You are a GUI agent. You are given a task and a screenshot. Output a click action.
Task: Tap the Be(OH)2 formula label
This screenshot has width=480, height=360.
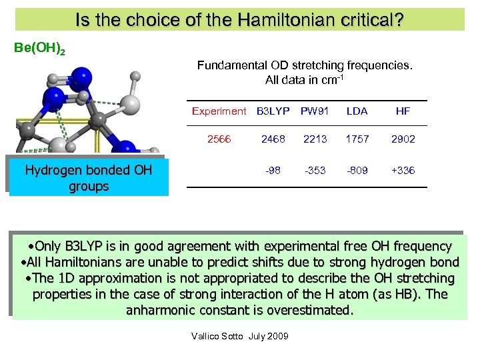(x=39, y=49)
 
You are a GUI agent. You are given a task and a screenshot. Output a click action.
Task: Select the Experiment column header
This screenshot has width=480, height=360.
(x=219, y=111)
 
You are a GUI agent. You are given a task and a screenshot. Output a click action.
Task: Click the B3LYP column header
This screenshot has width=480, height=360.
(x=273, y=111)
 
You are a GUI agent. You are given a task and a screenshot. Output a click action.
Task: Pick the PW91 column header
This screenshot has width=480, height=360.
(x=315, y=111)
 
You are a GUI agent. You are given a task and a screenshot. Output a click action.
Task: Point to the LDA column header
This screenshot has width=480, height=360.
(x=357, y=111)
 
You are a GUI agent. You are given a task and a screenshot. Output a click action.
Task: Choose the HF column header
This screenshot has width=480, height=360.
(x=403, y=111)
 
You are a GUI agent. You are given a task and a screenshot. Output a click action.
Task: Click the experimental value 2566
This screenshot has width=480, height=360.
(x=219, y=139)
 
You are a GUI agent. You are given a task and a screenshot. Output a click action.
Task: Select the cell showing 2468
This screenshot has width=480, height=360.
(x=273, y=139)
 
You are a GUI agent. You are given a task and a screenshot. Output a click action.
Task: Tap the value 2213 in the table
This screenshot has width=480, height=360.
(x=315, y=139)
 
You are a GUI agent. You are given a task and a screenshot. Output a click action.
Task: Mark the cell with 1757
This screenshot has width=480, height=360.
(x=357, y=139)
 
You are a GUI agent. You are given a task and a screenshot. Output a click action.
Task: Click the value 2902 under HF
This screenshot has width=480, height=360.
(x=403, y=139)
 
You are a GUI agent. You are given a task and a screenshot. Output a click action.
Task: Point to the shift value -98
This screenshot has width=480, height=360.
(x=273, y=171)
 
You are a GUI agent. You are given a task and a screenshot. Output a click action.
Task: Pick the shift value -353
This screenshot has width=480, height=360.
(x=315, y=171)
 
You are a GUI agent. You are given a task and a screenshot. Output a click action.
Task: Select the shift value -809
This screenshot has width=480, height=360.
(x=357, y=171)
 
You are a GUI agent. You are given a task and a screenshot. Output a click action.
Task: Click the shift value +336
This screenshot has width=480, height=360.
(x=403, y=171)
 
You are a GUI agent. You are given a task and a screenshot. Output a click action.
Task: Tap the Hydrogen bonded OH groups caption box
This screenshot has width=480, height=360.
(x=89, y=178)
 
